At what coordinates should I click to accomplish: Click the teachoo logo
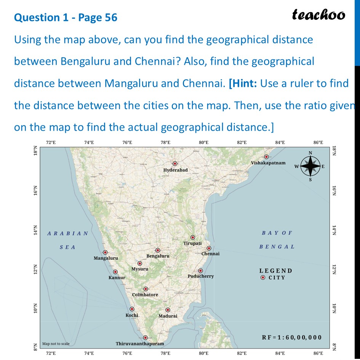tap(318, 15)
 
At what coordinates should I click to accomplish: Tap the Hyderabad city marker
tap(175, 164)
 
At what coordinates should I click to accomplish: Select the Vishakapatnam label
tap(268, 163)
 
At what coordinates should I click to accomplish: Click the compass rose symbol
tap(310, 166)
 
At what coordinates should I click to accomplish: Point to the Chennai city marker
tap(209, 248)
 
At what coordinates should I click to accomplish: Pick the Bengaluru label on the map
tap(158, 256)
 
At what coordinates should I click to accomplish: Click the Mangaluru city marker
tap(105, 252)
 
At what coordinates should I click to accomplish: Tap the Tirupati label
tap(192, 243)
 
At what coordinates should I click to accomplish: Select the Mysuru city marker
tap(140, 264)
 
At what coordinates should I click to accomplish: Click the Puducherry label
tap(201, 276)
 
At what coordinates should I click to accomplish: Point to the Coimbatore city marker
tap(146, 289)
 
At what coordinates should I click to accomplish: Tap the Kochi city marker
tap(132, 309)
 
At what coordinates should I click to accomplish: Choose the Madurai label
tap(168, 316)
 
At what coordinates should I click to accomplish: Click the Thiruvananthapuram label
tap(140, 344)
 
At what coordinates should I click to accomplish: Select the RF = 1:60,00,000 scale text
tap(292, 338)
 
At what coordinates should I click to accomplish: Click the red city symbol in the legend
tap(262, 278)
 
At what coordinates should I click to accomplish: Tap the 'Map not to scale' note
tap(56, 344)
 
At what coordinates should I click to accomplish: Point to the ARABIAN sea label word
tap(68, 234)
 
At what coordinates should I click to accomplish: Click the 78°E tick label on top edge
tap(165, 142)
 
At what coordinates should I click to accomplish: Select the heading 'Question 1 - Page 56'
tap(66, 17)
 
